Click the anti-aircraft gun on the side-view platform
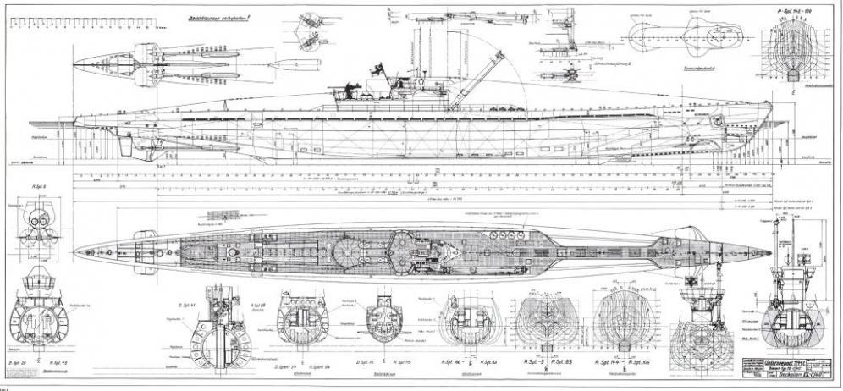pyautogui.click(x=350, y=88)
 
